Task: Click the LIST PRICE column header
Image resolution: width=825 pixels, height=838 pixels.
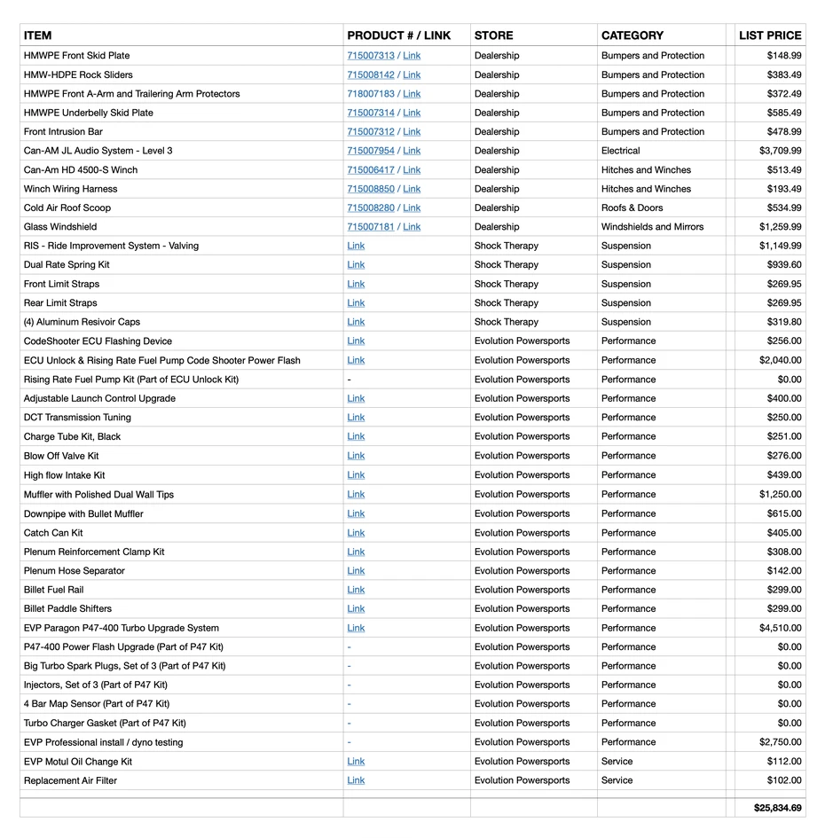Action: [x=769, y=35]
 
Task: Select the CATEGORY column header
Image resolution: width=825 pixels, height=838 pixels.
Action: [x=632, y=35]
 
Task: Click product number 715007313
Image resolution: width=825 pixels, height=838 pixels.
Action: [x=371, y=56]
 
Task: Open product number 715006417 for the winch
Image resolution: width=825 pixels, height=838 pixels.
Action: [x=371, y=170]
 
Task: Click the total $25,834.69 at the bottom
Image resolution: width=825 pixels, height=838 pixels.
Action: [x=777, y=808]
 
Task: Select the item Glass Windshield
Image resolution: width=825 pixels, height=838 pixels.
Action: [x=60, y=227]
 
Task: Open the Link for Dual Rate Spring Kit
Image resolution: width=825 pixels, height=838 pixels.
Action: [x=356, y=265]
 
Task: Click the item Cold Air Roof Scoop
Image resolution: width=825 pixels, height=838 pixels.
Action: [x=67, y=208]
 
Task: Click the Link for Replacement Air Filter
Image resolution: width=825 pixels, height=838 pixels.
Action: [x=356, y=780]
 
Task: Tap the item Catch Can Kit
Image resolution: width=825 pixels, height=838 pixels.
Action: [x=53, y=533]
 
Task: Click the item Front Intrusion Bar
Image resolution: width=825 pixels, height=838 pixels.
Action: [x=63, y=132]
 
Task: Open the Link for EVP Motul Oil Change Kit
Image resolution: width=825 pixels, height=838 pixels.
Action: [x=356, y=762]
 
